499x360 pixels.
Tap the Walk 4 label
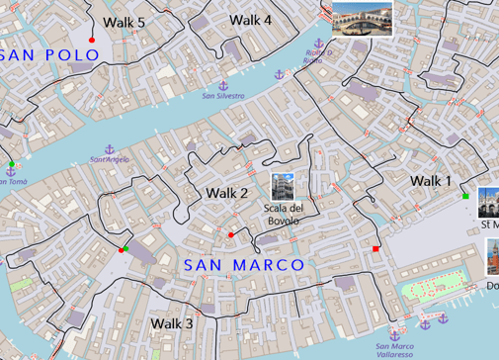[x=250, y=20]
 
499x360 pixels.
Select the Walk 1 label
[x=431, y=180]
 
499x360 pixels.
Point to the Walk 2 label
[x=226, y=192]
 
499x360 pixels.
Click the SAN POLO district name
[x=51, y=55]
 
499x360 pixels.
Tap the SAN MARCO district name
[x=243, y=265]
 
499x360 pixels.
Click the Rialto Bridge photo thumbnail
[x=361, y=17]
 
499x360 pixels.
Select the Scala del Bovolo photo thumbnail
[x=283, y=185]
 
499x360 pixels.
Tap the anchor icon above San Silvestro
[x=222, y=87]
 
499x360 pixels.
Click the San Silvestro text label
[x=223, y=96]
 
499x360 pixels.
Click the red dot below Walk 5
[x=92, y=41]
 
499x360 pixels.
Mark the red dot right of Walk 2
[x=230, y=234]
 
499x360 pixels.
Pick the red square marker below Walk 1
[x=375, y=248]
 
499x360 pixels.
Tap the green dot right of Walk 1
[x=465, y=197]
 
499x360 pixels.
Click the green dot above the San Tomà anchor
[x=12, y=163]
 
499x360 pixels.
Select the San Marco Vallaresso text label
[x=395, y=350]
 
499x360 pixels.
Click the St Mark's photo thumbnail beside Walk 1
[x=488, y=203]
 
